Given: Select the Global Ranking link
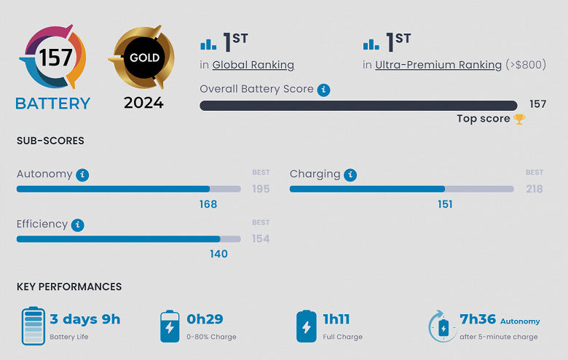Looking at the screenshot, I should (253, 65).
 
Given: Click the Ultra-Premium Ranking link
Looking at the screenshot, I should (438, 65).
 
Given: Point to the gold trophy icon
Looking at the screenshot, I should (519, 119).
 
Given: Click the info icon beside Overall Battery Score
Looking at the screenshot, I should (324, 90).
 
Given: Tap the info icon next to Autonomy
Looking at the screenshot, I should (83, 175).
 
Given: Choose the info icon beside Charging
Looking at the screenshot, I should (350, 175).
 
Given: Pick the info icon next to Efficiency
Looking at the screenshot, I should (78, 225).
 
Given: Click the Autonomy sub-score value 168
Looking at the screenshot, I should (208, 204).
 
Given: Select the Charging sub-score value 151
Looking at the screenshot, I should (445, 204).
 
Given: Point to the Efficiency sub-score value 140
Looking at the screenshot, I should (218, 254).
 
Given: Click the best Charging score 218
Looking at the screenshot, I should (535, 189).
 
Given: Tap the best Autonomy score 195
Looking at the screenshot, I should (261, 189).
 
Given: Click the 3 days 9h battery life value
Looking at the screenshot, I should (85, 319).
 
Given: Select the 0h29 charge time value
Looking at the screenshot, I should (205, 319).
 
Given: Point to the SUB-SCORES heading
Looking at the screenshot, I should (50, 141).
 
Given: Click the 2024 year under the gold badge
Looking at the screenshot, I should (143, 103).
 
